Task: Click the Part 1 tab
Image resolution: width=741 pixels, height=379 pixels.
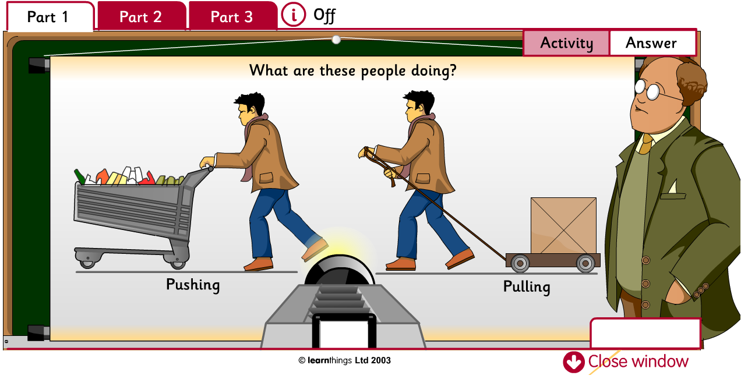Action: click(x=48, y=17)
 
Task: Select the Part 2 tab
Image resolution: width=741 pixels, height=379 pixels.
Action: click(x=140, y=17)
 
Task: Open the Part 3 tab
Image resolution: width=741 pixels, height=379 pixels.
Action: click(x=232, y=17)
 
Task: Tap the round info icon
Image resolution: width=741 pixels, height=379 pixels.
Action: click(x=293, y=15)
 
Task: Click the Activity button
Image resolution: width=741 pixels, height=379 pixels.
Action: click(x=566, y=43)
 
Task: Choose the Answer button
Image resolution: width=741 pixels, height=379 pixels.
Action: click(x=651, y=43)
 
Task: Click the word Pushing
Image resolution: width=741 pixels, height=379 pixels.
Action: click(x=193, y=285)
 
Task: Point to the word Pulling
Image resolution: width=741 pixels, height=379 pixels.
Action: click(x=527, y=286)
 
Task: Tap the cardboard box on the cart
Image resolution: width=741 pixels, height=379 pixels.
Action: click(x=563, y=226)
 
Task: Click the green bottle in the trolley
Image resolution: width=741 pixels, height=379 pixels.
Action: click(x=79, y=176)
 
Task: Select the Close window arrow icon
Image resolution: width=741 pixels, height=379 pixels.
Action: click(x=573, y=362)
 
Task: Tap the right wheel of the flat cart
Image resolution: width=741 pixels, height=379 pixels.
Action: click(x=585, y=263)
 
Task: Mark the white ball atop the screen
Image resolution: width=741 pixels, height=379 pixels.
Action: click(x=336, y=40)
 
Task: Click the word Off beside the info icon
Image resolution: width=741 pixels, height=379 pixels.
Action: click(x=324, y=15)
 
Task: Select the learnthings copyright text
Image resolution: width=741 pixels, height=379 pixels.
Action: click(x=344, y=360)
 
